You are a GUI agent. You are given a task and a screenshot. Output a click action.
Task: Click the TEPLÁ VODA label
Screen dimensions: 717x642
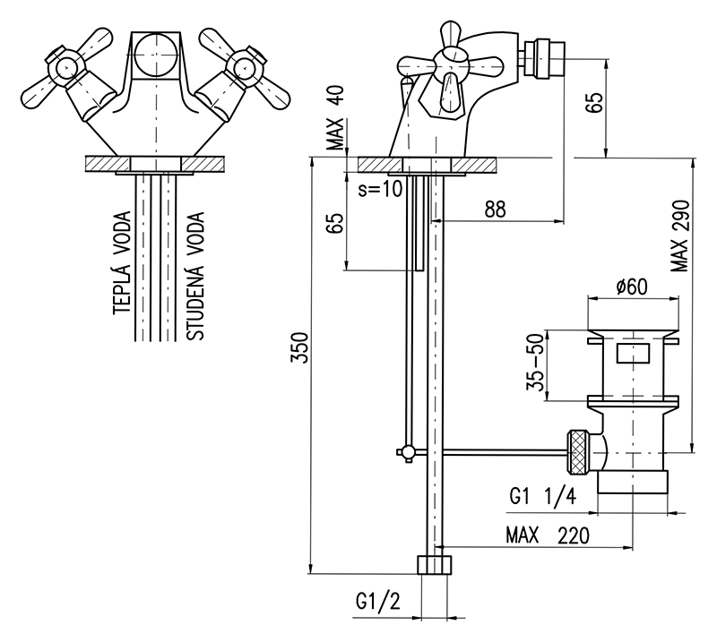[x=122, y=262]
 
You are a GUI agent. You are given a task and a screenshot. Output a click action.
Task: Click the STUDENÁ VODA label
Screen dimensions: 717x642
[x=195, y=277]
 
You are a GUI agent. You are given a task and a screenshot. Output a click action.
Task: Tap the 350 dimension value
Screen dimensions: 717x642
[x=300, y=347]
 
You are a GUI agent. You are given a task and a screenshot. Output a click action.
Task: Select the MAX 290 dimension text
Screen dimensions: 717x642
[x=679, y=235]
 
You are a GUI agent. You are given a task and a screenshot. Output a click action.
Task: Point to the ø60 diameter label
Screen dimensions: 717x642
[x=632, y=287]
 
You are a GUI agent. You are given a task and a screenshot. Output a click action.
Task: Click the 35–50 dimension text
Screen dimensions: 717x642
[x=535, y=363]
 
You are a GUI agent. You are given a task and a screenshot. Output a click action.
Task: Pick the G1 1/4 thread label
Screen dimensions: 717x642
[x=543, y=496]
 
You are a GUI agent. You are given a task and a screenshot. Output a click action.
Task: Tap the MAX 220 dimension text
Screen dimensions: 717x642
[x=548, y=535]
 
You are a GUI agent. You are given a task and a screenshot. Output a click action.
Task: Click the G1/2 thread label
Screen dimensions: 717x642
[x=377, y=602]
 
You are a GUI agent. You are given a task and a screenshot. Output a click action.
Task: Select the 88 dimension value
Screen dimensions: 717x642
[x=496, y=210]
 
